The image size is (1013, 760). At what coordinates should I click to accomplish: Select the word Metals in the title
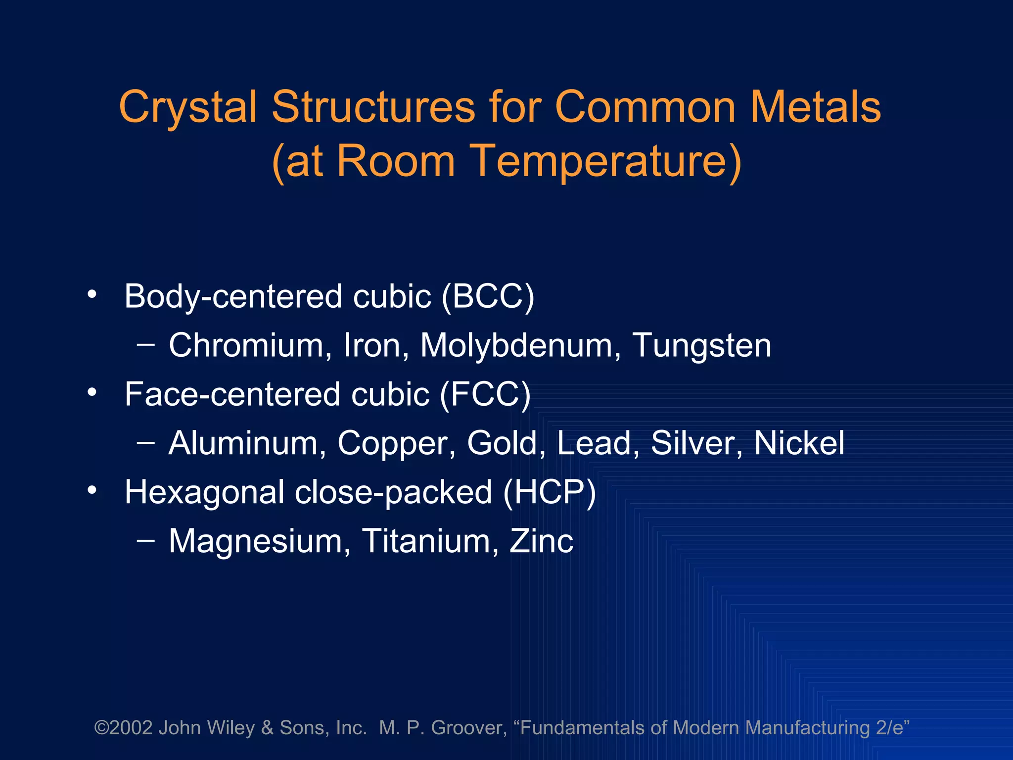pos(816,107)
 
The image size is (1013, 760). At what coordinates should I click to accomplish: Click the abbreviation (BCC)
pos(488,296)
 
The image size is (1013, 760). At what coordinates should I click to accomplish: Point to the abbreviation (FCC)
pos(485,394)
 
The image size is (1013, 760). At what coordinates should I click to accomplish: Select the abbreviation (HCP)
pos(550,492)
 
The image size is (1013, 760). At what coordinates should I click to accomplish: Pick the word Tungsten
pos(702,345)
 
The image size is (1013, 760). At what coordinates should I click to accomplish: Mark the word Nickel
pos(799,443)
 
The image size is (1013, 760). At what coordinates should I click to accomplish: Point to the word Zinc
pos(541,541)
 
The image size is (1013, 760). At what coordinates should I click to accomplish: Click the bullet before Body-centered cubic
pos(92,294)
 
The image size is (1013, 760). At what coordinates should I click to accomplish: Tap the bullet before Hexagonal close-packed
pos(92,490)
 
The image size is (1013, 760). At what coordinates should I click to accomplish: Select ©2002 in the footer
pos(123,728)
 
